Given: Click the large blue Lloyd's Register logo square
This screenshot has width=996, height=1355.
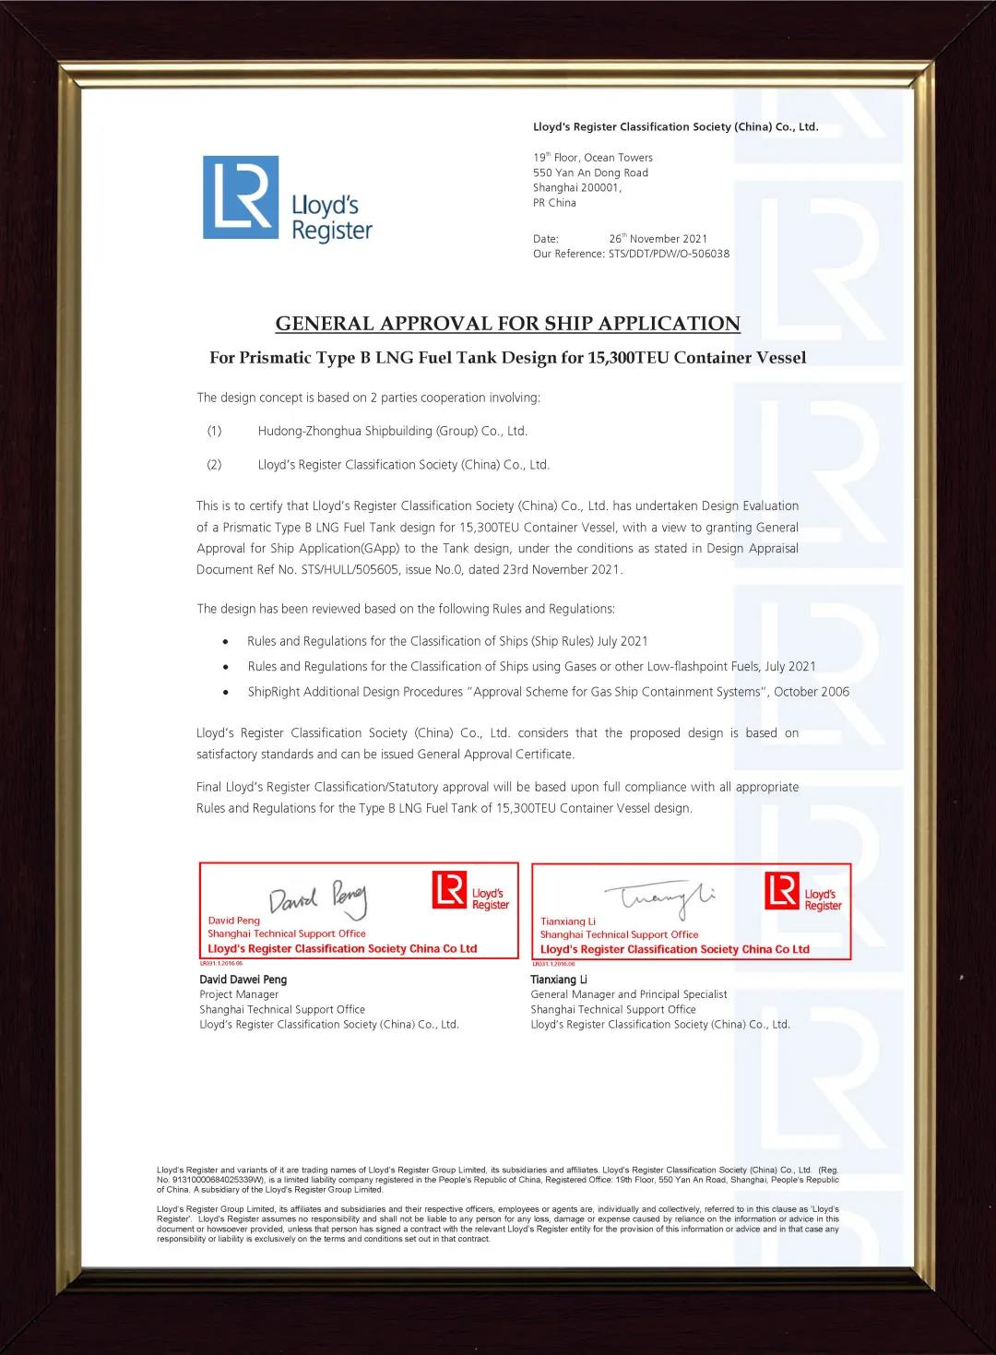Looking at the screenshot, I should point(241,197).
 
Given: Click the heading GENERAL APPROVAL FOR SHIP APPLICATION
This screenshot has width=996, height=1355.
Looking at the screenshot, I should point(507,324).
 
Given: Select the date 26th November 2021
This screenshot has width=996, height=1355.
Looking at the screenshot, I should point(658,239).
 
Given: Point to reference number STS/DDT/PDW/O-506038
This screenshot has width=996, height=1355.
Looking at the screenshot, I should point(669,254).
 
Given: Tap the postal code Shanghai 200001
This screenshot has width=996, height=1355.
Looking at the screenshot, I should point(577,187).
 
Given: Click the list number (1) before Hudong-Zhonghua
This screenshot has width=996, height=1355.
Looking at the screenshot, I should point(214,431).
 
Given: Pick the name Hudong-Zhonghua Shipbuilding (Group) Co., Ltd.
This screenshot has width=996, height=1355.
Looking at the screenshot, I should point(392,431).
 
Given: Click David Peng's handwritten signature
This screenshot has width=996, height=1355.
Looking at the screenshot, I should point(317,897).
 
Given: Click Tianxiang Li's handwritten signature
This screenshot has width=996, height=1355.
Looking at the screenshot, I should point(659,896).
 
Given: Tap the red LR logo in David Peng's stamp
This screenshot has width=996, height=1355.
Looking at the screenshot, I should point(449,890).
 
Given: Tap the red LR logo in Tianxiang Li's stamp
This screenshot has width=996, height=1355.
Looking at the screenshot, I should point(781,891).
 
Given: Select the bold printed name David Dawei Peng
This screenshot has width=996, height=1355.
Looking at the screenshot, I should point(243,980).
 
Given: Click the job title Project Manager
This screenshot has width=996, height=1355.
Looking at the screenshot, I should point(239,994).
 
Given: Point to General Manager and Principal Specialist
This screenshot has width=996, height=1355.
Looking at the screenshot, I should point(628,994).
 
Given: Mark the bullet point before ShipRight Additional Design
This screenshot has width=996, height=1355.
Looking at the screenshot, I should point(226,692).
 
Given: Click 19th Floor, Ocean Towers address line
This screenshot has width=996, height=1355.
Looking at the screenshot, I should point(592,158).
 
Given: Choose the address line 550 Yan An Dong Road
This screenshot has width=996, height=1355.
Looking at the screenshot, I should point(590,172).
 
